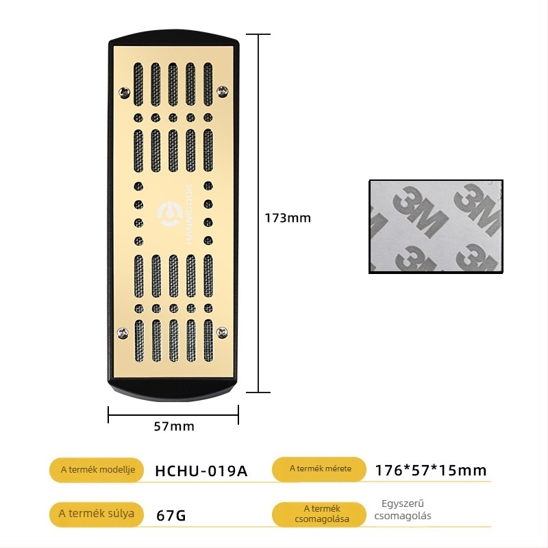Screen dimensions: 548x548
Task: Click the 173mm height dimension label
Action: pos(288,218)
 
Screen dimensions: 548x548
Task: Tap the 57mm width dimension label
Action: pos(174,426)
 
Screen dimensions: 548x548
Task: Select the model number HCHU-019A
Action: pos(201,471)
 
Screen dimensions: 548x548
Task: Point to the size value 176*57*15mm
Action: pos(431,471)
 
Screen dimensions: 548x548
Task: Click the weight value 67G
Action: pos(171,515)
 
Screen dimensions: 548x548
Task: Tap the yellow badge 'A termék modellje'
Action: pos(97,470)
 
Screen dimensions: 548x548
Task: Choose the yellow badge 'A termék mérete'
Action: pos(320,469)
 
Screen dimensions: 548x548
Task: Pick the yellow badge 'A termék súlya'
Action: pos(97,514)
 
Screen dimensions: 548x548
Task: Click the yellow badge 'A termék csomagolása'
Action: pos(320,514)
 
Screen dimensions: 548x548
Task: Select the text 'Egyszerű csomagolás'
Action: pos(403,510)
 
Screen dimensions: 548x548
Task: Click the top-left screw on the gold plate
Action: pos(124,92)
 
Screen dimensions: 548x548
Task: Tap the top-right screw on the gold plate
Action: pos(222,91)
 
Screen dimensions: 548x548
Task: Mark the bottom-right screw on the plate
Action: pos(221,332)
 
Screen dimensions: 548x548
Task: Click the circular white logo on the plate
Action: pos(170,213)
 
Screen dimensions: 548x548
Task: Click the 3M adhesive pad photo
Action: pos(436,227)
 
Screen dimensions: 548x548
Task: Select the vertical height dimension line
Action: pos(258,213)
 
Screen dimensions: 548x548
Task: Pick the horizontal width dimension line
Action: pos(173,415)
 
